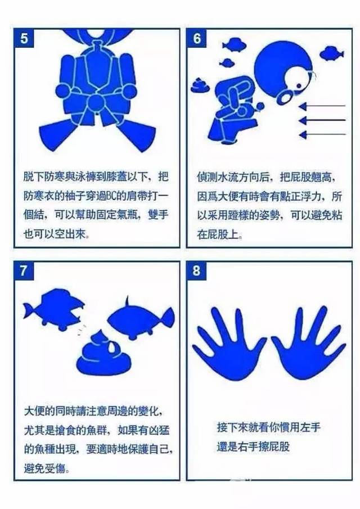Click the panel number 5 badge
pyautogui.click(x=24, y=38)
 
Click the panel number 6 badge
pyautogui.click(x=196, y=38)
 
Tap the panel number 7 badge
pyautogui.click(x=24, y=271)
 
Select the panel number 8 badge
pyautogui.click(x=196, y=271)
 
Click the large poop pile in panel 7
pyautogui.click(x=104, y=354)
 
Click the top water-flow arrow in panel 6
pyautogui.click(x=322, y=106)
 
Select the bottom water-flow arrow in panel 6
pyautogui.click(x=322, y=134)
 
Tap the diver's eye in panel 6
pyautogui.click(x=298, y=86)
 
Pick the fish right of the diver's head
pyautogui.click(x=331, y=53)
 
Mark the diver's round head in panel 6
pyautogui.click(x=282, y=69)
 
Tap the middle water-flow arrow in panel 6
pyautogui.click(x=322, y=120)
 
